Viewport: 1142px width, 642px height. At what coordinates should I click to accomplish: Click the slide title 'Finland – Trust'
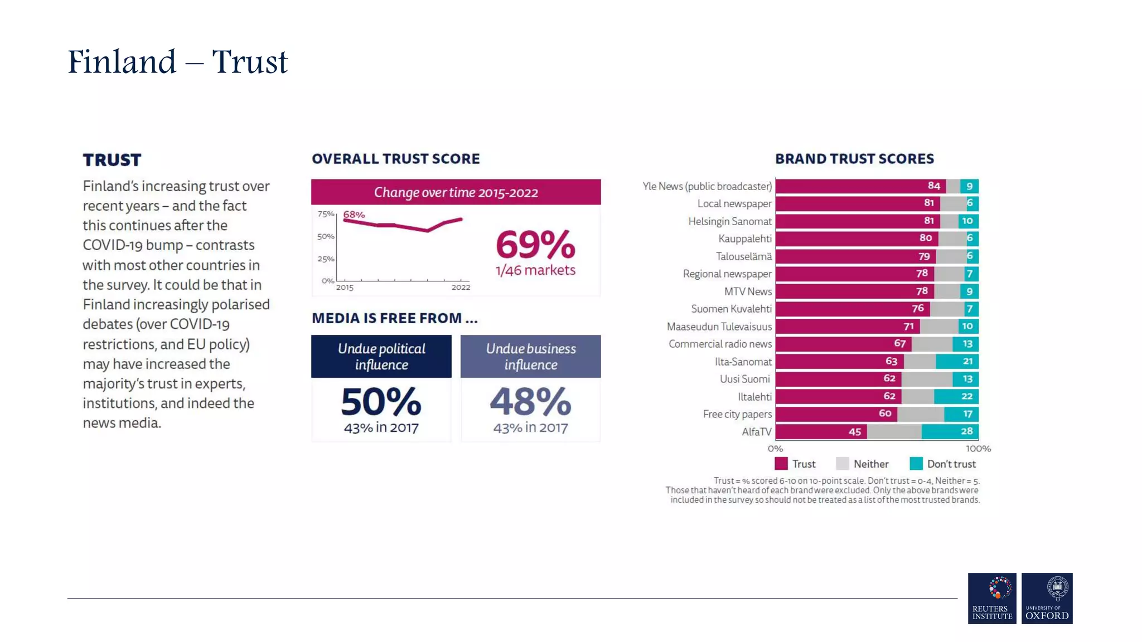pos(177,62)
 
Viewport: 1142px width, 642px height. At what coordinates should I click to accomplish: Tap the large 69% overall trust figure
pos(535,245)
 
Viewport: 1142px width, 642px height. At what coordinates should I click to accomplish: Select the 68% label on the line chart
pos(354,215)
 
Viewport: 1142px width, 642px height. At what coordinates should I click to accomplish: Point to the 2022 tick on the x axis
pos(461,287)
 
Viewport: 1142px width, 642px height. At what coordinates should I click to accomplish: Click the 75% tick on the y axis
pos(326,214)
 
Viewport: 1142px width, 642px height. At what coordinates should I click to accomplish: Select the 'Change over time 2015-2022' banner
pos(456,192)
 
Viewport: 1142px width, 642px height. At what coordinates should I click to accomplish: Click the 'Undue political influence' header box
pos(381,357)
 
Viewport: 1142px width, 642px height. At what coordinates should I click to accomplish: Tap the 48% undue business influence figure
pos(530,402)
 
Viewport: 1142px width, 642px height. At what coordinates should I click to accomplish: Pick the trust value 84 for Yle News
pos(933,186)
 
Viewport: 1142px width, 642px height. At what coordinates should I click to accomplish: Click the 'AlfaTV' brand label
pos(756,432)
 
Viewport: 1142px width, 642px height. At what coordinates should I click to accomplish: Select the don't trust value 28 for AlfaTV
pos(967,431)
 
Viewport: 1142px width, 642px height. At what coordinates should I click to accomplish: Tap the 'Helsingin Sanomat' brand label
pos(729,221)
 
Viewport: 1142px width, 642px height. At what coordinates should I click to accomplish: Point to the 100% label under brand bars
pos(978,449)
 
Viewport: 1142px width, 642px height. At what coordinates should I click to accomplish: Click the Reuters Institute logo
pos(992,598)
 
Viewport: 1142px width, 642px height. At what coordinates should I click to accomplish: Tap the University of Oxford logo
pos(1047,598)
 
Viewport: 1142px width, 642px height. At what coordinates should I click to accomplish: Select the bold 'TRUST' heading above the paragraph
pos(112,160)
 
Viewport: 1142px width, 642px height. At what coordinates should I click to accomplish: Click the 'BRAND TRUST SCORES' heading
pos(854,159)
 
